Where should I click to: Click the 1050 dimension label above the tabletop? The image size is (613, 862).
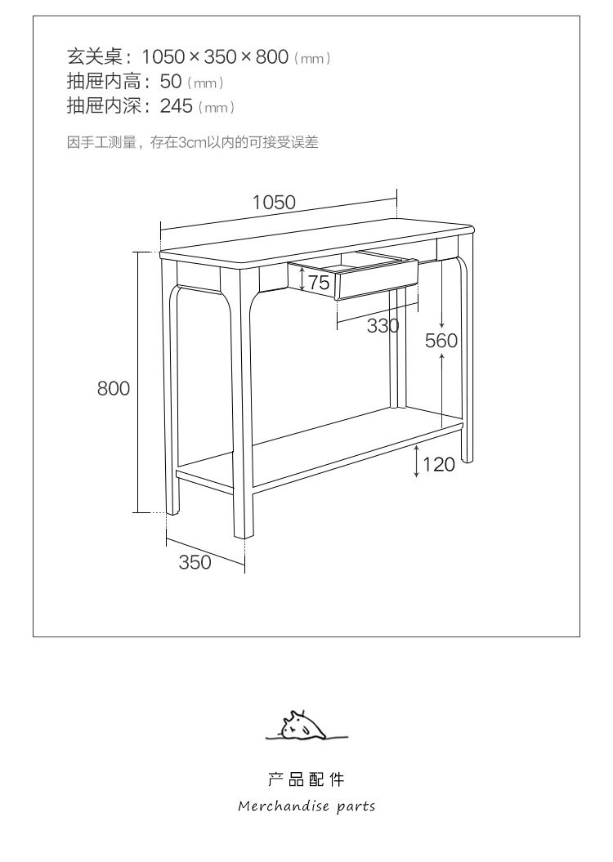coord(274,203)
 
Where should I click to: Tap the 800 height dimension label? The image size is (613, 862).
coord(114,388)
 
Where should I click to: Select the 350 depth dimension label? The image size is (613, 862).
coord(195,562)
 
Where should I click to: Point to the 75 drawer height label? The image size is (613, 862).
coord(319,283)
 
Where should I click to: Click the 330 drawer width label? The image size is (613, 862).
coord(383,326)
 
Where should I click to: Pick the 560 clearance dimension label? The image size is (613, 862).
coord(441,341)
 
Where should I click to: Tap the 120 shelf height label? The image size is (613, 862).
coord(439,465)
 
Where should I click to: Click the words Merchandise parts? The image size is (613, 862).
coord(306,806)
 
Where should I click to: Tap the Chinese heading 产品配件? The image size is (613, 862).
coord(306,779)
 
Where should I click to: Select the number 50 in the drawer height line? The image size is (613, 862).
coord(171,82)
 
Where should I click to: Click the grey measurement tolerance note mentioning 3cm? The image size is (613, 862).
coord(192,143)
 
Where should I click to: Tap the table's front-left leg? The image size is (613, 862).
coord(244,409)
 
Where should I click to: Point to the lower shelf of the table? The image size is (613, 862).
coord(327,453)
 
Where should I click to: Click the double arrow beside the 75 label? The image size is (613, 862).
coord(302,281)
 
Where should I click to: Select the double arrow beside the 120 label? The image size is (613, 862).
coord(417,462)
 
